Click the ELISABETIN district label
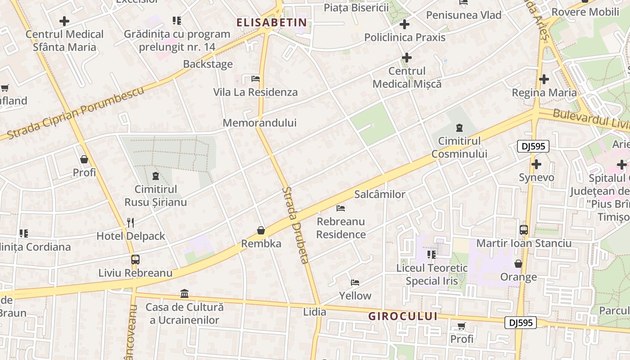coord(272,22)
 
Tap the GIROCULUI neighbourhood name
coord(403,316)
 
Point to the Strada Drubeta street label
coord(296,225)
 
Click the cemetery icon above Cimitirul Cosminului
coord(459,128)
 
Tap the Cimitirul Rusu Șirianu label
coord(156,196)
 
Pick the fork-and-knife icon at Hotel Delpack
coord(130,222)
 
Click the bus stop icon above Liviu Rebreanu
coord(135,260)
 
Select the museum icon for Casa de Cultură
coord(184,294)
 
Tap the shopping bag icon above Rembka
coord(261,231)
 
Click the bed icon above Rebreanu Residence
coord(341,208)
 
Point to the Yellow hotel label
coord(355,296)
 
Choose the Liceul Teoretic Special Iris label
coord(432,274)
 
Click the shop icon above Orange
coord(518,264)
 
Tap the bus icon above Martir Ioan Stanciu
coord(524,230)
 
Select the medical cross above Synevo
coord(536,164)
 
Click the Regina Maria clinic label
coord(544,93)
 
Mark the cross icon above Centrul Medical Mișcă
coord(407,58)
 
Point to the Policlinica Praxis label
coord(405,37)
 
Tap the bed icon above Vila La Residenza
coord(256,79)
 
